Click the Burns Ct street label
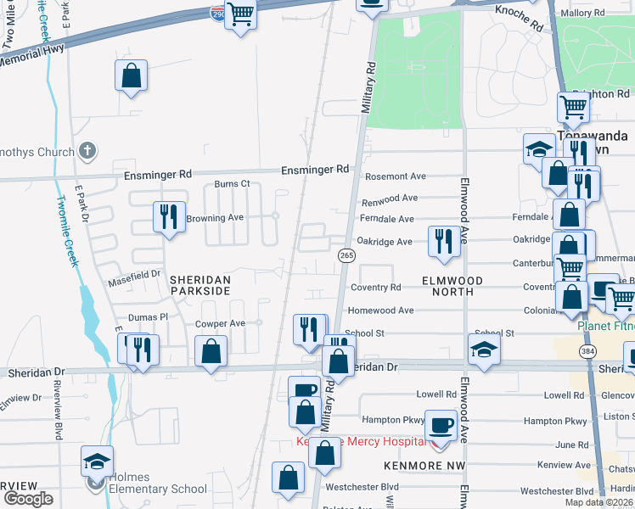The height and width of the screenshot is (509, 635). point(232,183)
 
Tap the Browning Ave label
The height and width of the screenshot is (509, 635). point(215,218)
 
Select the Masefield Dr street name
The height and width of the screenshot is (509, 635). point(133,275)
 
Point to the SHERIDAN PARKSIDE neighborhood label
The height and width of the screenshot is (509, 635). point(199,285)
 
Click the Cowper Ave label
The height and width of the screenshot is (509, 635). point(220,323)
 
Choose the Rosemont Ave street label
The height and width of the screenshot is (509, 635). point(395,176)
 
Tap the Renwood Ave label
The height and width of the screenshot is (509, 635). point(390,199)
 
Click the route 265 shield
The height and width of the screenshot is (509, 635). point(346,255)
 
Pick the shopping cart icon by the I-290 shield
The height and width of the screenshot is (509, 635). point(241,14)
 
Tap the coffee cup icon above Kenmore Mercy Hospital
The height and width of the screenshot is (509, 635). point(441,424)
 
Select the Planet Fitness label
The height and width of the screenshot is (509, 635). point(604,326)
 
